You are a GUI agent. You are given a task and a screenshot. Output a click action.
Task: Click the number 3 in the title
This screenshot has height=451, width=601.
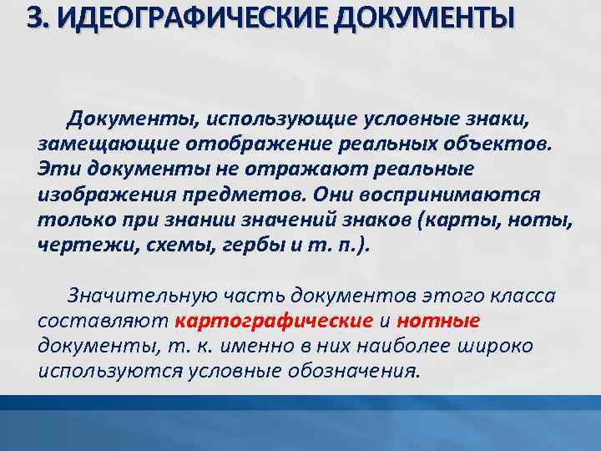(36, 18)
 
